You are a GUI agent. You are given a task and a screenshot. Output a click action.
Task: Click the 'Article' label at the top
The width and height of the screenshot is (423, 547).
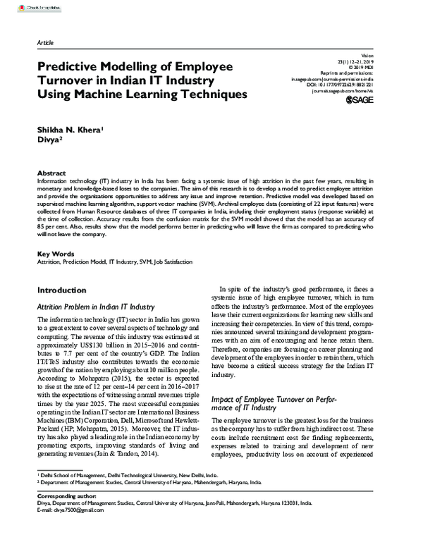45,43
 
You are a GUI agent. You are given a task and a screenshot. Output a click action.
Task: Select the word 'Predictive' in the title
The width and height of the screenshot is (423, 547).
69,66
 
